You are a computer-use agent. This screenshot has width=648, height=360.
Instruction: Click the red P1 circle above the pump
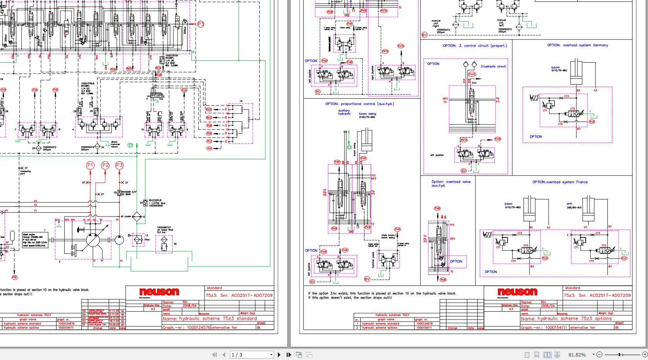(90, 165)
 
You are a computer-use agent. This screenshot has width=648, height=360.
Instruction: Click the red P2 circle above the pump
(105, 165)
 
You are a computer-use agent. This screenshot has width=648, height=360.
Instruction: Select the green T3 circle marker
(130, 145)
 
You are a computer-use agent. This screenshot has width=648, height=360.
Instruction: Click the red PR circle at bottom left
(15, 277)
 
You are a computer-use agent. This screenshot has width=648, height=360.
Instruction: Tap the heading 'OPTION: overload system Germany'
(577, 45)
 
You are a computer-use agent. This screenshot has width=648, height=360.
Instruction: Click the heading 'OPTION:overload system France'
(560, 182)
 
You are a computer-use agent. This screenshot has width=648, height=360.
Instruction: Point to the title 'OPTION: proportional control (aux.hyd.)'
(359, 104)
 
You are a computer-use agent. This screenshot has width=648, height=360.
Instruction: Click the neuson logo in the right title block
(517, 292)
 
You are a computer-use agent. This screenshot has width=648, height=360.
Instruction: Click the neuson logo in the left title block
(159, 292)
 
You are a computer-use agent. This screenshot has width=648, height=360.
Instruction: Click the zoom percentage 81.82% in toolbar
(577, 355)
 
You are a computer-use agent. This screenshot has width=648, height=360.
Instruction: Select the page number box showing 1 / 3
(251, 355)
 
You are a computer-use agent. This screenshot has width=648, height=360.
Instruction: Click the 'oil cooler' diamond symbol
(137, 217)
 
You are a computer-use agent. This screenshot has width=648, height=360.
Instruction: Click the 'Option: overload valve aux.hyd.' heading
(451, 183)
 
